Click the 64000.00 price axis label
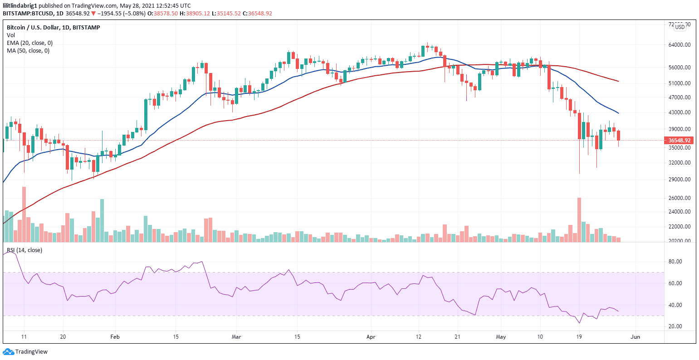click(x=679, y=45)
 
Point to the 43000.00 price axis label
click(x=679, y=112)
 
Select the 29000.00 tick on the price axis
click(x=679, y=180)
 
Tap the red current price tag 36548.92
click(x=679, y=141)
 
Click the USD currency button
click(x=679, y=27)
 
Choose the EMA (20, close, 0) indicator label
click(x=29, y=43)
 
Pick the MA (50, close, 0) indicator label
click(x=28, y=51)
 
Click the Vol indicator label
click(x=10, y=35)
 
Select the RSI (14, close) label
click(x=24, y=250)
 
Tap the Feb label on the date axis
click(x=115, y=337)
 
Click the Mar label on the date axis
click(x=236, y=337)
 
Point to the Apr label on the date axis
click(x=371, y=337)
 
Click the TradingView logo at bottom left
click(x=25, y=352)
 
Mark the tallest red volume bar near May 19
click(x=579, y=219)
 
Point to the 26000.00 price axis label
click(x=679, y=198)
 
